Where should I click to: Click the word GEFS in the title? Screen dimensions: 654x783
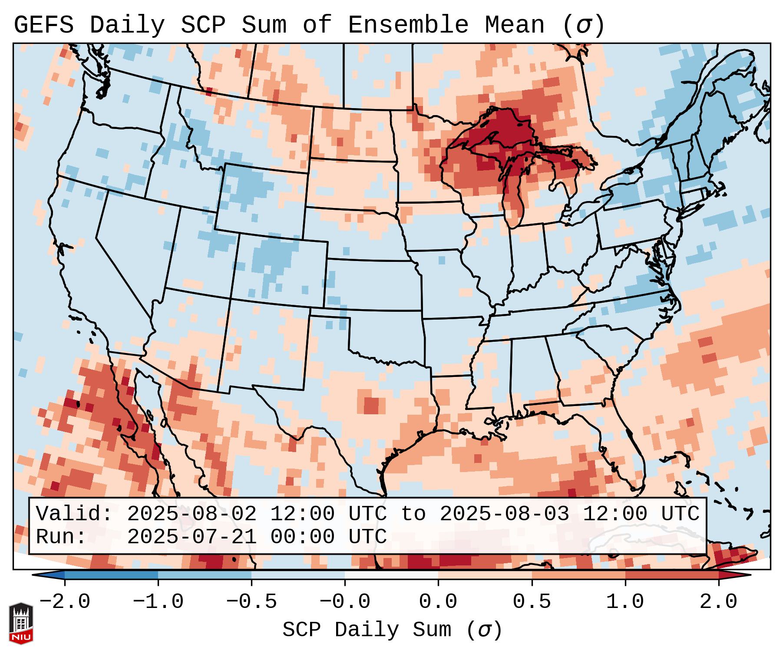(x=43, y=25)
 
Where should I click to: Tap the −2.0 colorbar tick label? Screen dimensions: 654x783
(x=65, y=602)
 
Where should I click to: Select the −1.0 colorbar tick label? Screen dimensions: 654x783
(x=158, y=602)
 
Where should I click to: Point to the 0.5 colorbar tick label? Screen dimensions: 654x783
(x=532, y=602)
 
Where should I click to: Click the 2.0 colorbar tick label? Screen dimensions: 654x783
(x=718, y=602)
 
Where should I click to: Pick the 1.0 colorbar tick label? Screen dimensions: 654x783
(x=625, y=602)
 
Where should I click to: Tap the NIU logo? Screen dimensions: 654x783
(x=21, y=623)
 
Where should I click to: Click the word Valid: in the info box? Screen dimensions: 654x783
(x=74, y=514)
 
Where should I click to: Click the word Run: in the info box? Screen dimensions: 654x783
(x=61, y=537)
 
